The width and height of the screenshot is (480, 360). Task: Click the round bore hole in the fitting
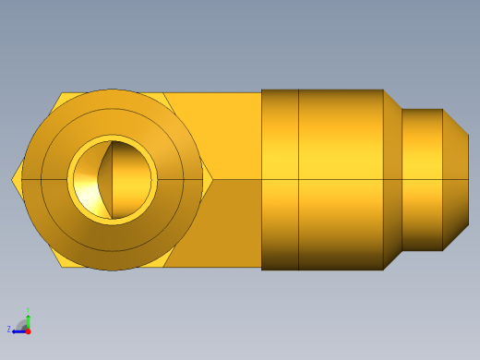(112, 179)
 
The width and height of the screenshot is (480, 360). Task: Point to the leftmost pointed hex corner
(13, 179)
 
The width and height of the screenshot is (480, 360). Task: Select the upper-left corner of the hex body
(62, 93)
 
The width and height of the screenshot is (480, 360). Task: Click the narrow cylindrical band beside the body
(280, 179)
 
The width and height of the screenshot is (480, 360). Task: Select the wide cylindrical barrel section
(340, 179)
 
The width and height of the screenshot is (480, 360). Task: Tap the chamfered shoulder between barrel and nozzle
(392, 179)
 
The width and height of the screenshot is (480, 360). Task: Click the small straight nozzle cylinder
(422, 179)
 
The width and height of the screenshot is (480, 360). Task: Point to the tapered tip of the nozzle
(455, 179)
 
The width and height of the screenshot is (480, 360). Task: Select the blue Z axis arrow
(18, 329)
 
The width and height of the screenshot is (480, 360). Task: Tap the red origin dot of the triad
(28, 330)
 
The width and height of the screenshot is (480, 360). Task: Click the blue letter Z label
(8, 329)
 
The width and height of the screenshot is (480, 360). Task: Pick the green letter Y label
(29, 309)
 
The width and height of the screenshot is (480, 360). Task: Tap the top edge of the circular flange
(112, 90)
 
